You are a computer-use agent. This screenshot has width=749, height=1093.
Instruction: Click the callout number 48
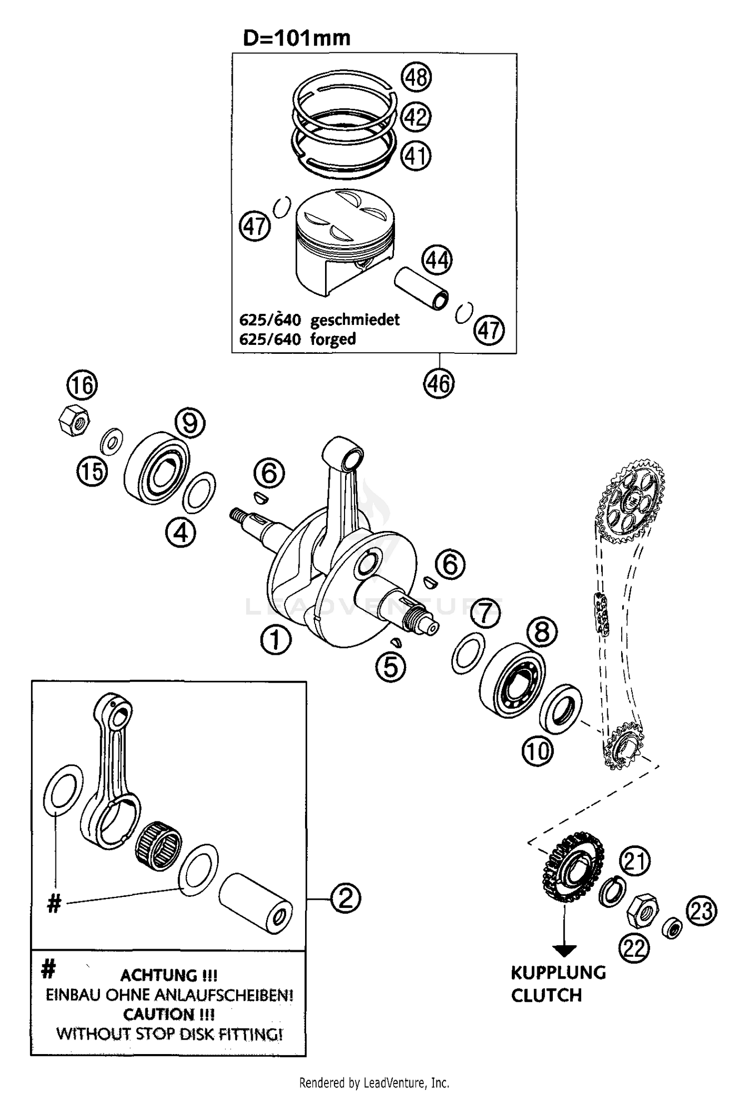(x=416, y=78)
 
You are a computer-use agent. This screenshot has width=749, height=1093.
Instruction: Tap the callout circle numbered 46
(x=439, y=383)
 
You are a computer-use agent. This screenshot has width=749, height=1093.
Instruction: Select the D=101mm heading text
(x=297, y=38)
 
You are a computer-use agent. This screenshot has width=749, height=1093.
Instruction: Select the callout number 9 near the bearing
(x=190, y=423)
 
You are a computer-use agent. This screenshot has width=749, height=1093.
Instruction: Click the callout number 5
(x=390, y=667)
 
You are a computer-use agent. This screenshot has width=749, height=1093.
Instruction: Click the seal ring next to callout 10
(x=561, y=709)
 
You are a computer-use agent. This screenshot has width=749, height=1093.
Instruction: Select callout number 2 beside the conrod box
(x=345, y=899)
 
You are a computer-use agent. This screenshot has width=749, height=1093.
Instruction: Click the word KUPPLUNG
(x=558, y=973)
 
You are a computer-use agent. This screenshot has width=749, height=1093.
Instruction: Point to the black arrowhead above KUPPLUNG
(x=565, y=951)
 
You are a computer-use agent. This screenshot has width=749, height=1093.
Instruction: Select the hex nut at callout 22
(x=643, y=912)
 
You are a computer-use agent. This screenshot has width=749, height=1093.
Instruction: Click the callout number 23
(x=701, y=911)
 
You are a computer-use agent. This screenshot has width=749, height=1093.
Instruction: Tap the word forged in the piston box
(x=333, y=339)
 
